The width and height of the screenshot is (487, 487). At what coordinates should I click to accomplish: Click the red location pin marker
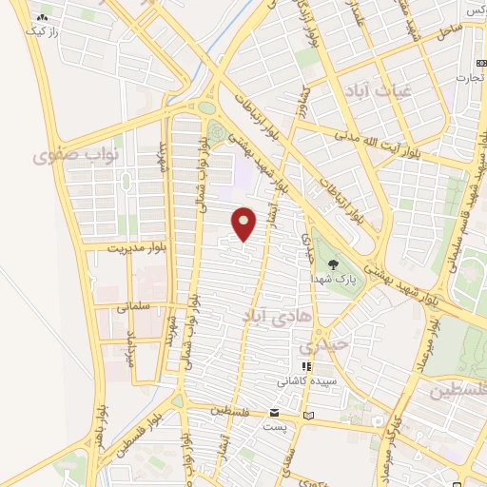coord(244,224)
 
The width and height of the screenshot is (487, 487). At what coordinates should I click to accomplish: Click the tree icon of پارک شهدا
coord(332,264)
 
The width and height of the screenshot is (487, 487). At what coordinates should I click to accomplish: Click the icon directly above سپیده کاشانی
coord(304,365)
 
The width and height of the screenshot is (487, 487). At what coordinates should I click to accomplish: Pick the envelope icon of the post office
coord(275,414)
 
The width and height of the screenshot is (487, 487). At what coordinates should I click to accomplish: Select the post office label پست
coord(275,429)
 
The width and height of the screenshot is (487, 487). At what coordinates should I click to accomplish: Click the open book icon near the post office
coord(306,417)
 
